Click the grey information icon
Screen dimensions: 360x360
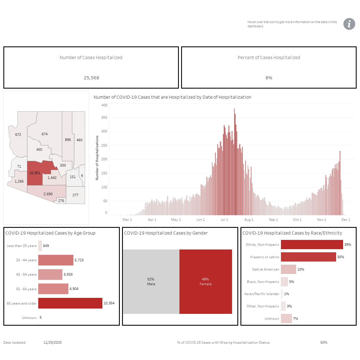click(x=349, y=24)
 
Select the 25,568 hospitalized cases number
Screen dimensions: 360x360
click(x=91, y=78)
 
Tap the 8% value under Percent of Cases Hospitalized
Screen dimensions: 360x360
click(x=269, y=78)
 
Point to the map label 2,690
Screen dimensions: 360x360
click(x=48, y=194)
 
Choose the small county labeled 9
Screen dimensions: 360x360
click(x=82, y=175)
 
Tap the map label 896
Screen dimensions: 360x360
click(x=68, y=140)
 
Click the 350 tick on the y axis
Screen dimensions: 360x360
click(x=104, y=118)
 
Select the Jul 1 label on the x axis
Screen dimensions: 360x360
click(x=224, y=219)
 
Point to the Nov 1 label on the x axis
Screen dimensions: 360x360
click(x=321, y=219)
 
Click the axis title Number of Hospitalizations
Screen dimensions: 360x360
click(x=97, y=158)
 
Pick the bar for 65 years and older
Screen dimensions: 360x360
click(x=70, y=303)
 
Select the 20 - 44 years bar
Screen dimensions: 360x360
click(x=56, y=260)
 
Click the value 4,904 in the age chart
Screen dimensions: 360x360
click(x=74, y=289)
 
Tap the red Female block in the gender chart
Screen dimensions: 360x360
click(x=206, y=282)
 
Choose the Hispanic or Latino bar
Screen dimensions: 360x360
click(x=308, y=257)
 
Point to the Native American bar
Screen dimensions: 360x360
click(x=289, y=269)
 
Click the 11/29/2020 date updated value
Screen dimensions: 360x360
click(x=53, y=343)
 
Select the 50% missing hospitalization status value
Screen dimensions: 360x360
click(x=323, y=343)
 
